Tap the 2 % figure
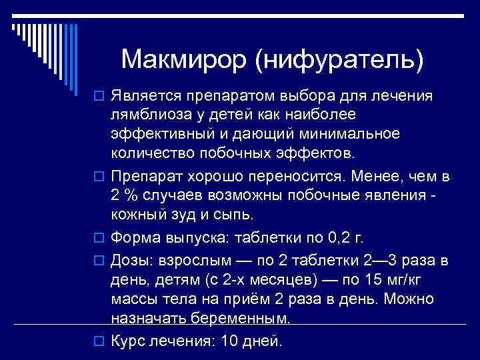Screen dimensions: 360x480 coord(125,196)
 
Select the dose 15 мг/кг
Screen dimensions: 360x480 coord(375,277)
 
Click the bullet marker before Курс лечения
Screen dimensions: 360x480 coord(99,341)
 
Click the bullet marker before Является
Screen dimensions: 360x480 coord(99,97)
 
